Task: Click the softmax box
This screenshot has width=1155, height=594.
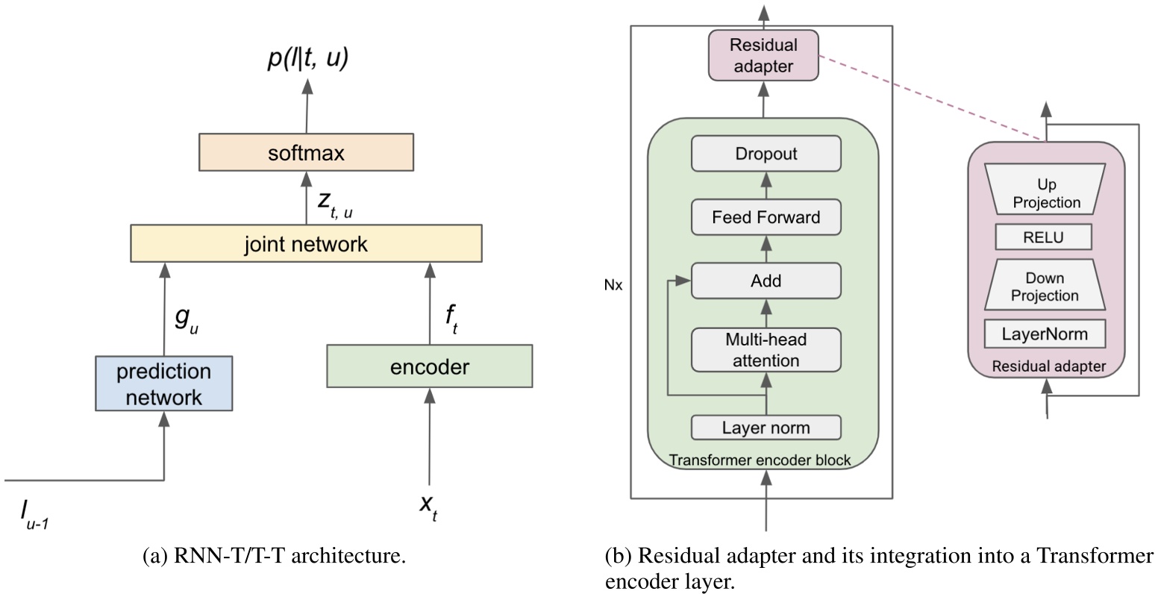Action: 306,153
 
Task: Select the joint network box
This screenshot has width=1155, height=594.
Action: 306,243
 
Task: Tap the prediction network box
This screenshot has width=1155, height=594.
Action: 164,384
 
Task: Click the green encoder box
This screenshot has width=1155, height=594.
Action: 430,366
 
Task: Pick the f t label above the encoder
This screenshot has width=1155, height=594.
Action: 451,319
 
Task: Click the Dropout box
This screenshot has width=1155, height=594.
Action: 766,154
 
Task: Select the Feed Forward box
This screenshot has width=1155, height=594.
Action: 766,217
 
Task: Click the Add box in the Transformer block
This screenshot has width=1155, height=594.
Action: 766,281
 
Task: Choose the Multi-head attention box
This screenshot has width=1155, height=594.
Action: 766,350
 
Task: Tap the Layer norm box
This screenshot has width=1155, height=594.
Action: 766,428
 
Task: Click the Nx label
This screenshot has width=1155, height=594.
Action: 613,284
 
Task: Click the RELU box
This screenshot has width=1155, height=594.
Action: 1044,238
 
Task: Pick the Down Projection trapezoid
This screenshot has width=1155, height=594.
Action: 1045,287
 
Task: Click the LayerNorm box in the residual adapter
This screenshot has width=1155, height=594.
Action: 1045,334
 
